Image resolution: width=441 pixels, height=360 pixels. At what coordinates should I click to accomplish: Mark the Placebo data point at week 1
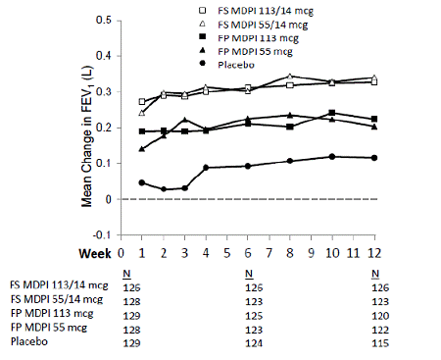coord(142,182)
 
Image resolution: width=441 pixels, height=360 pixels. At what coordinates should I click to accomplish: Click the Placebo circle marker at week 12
coord(375,158)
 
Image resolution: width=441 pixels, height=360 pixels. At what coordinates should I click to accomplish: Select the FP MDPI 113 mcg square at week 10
coord(333,113)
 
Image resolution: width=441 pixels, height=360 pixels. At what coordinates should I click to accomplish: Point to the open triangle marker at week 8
coord(290,77)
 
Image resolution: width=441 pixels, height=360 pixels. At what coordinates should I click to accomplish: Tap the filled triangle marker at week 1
coord(142,149)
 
